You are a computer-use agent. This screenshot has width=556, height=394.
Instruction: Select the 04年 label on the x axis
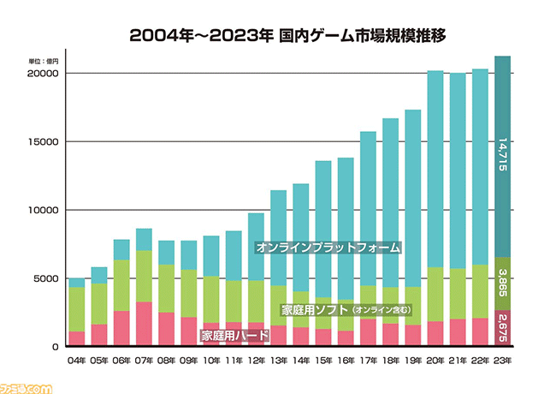pyautogui.click(x=77, y=361)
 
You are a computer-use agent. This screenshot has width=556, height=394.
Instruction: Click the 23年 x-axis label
pyautogui.click(x=503, y=361)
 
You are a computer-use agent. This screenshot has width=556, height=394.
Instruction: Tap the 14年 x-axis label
pyautogui.click(x=301, y=361)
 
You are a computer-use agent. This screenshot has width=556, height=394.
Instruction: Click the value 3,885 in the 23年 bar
pyautogui.click(x=503, y=284)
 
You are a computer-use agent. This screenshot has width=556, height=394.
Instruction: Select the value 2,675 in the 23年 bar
pyautogui.click(x=503, y=328)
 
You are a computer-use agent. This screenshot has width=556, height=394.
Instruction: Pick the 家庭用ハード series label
pyautogui.click(x=235, y=336)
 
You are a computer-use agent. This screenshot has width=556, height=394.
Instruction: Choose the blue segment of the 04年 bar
pyautogui.click(x=77, y=283)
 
